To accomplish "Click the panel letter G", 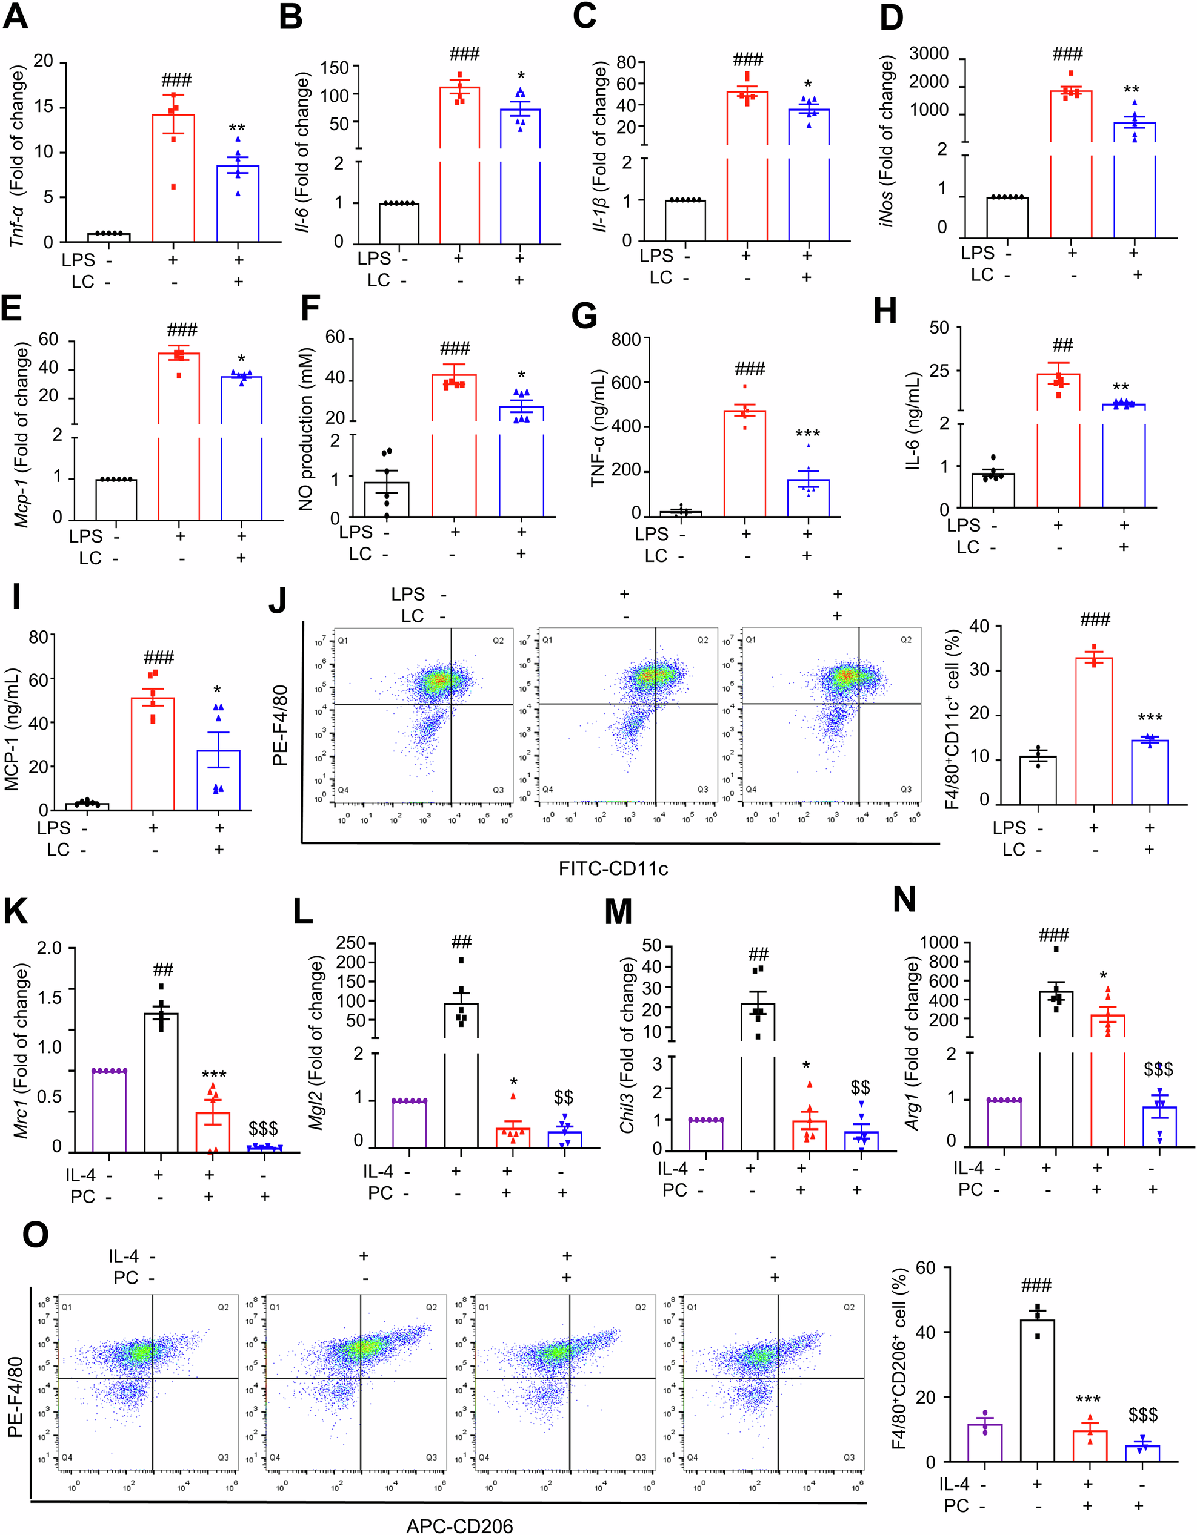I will pos(584,315).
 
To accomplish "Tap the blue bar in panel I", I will pos(219,779).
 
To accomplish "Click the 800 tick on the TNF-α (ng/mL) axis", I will pos(625,340).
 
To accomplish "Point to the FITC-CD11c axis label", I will pos(613,869).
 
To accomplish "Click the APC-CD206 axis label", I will pos(459,1525).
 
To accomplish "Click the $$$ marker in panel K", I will pos(263,1129).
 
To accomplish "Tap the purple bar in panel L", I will pos(409,1124).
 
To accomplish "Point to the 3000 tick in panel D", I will pos(929,54).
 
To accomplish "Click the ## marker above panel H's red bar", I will pos(1062,345).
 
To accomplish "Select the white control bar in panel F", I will pos(386,499).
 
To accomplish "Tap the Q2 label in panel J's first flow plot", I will pos(498,640).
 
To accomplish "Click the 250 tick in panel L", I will pos(350,943).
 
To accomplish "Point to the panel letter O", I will pos(35,1234).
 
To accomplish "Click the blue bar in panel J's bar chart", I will pos(1149,771).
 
